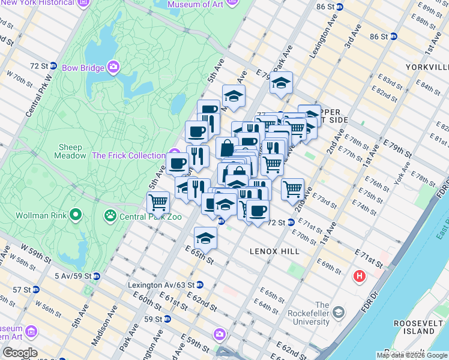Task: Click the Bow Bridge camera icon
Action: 113,66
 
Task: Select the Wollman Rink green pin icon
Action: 76,214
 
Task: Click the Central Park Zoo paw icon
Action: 111,214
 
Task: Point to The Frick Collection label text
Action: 128,155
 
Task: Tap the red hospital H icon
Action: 360,276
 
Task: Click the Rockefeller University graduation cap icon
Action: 339,313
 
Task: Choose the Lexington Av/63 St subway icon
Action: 200,285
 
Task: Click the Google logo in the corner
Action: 19,353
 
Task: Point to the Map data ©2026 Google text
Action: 412,355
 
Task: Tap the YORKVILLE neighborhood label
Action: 427,67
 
